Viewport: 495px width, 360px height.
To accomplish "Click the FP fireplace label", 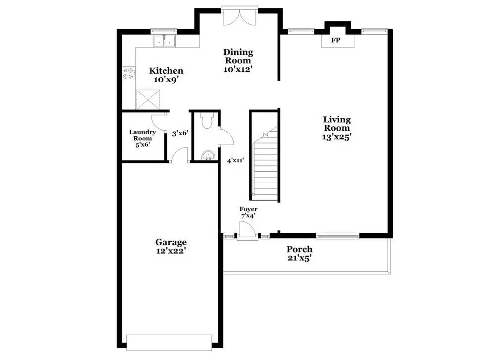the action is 336,40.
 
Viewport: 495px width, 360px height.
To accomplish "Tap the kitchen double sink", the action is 164,41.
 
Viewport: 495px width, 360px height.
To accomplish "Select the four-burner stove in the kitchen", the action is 129,73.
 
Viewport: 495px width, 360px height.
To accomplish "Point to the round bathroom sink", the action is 208,155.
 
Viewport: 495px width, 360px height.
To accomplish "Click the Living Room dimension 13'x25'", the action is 337,137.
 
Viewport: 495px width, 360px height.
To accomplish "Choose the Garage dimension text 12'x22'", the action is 171,251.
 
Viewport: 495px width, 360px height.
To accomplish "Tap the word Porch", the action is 299,249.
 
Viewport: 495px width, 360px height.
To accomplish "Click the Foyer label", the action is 248,209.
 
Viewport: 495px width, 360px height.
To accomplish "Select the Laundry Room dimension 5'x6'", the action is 143,145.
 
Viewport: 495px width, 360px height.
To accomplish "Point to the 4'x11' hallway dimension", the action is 236,160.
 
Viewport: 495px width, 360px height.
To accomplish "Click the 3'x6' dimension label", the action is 180,133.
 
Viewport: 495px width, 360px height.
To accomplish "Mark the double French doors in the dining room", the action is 240,16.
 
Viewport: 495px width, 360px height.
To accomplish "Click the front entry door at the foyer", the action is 247,230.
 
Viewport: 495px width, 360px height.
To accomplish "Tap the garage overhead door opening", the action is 169,343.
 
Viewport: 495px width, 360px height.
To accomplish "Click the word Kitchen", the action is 166,71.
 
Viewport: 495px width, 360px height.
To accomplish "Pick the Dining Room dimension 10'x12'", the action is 239,69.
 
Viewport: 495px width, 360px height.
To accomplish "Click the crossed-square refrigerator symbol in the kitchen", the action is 148,100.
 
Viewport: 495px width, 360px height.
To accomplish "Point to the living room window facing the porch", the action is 338,236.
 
